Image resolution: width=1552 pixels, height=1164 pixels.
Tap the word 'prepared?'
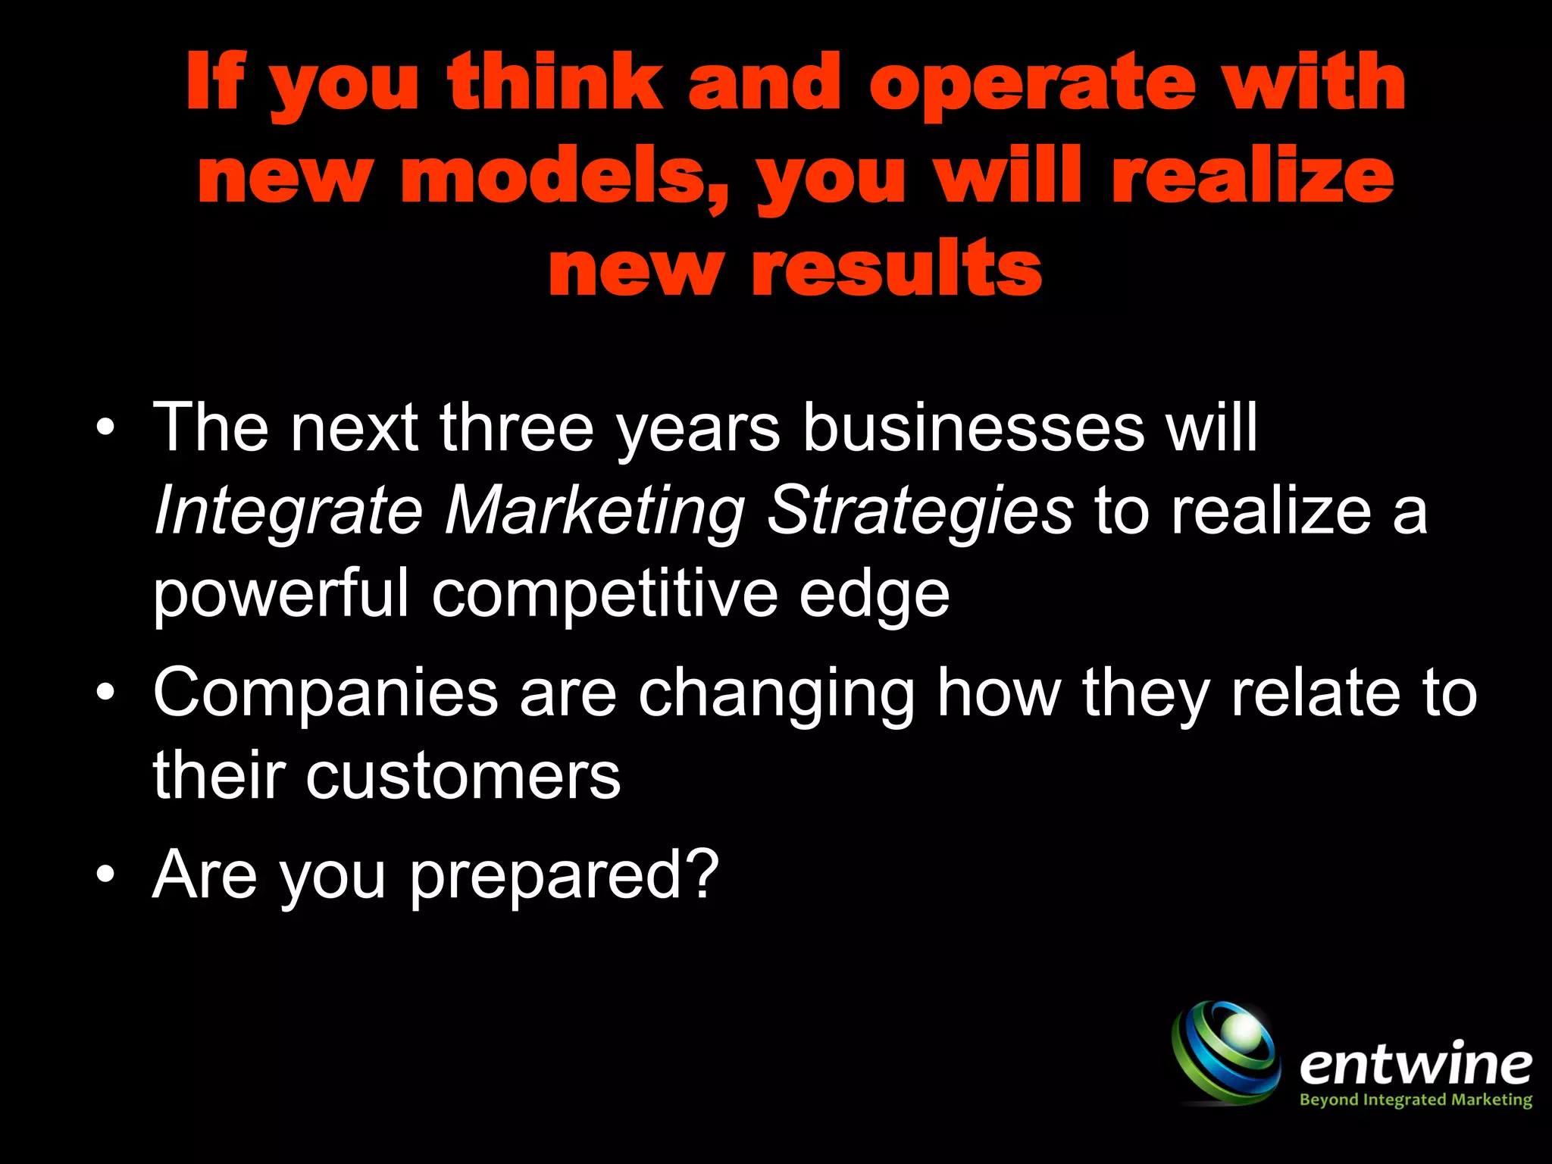click(564, 876)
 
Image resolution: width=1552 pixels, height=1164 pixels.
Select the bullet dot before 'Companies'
click(106, 692)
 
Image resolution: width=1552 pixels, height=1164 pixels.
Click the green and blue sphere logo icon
click(1226, 1052)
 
